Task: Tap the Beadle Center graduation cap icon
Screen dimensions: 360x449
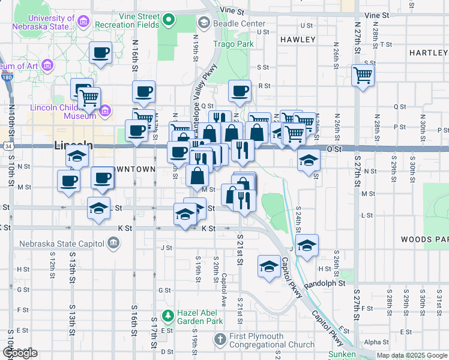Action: click(x=203, y=23)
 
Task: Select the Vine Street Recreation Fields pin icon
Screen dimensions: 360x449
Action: click(x=169, y=20)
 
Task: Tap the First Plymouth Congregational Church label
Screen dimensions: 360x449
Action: click(x=272, y=340)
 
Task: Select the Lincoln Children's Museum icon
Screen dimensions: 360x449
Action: click(x=106, y=110)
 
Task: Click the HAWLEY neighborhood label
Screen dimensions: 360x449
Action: click(x=297, y=40)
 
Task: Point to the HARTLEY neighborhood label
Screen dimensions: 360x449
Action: click(x=429, y=53)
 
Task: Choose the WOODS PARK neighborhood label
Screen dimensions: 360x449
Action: click(x=424, y=239)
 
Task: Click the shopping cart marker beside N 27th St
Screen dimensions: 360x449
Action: click(x=363, y=76)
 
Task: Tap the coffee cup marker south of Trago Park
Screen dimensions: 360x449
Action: click(x=240, y=92)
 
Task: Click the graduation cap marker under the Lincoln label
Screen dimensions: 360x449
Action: click(x=77, y=157)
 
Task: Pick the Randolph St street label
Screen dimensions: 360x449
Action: click(x=325, y=283)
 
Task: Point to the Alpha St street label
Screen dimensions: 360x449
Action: click(x=376, y=342)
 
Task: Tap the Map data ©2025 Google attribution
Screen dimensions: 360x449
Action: click(x=412, y=355)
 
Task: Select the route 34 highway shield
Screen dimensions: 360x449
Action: click(x=5, y=146)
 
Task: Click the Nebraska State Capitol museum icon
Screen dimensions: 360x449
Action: click(x=113, y=243)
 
